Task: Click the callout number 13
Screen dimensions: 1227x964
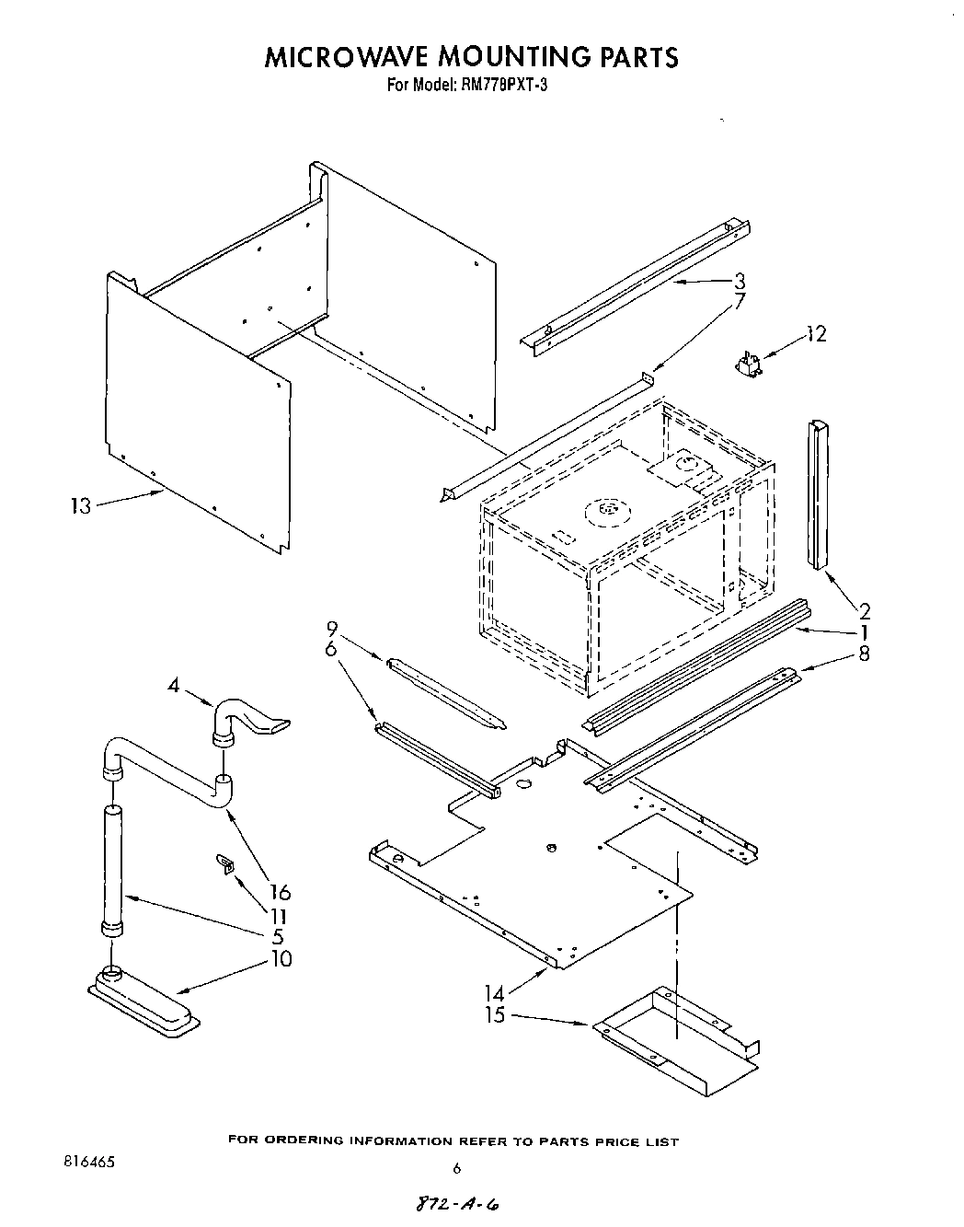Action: tap(81, 505)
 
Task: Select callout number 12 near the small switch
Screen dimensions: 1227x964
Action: tap(815, 334)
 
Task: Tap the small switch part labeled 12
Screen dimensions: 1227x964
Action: tap(750, 365)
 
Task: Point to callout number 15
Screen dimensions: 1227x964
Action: tap(495, 1016)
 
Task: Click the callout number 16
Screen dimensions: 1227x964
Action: tap(281, 892)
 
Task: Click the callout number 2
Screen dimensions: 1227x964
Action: tap(865, 609)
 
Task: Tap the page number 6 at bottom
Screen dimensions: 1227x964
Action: tap(456, 1168)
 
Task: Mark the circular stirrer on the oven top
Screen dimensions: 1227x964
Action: tap(607, 508)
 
